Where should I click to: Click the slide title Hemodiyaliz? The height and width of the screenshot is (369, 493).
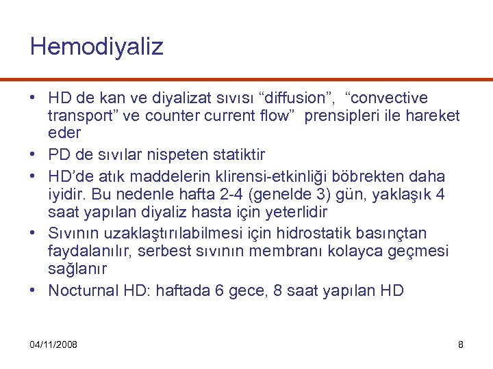pos(97,47)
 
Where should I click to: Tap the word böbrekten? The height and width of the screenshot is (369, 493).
pos(374,177)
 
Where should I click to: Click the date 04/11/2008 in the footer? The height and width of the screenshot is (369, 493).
pos(53,344)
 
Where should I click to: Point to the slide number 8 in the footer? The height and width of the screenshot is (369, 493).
pos(461,344)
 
